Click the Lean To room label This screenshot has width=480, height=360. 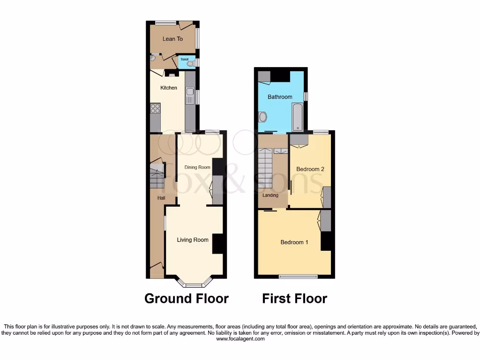coord(172,39)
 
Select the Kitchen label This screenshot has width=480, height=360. coord(169,88)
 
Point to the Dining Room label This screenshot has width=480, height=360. coord(197,167)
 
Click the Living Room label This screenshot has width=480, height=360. coord(193,240)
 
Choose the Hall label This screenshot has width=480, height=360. coord(161,198)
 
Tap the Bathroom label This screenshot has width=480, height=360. coord(280,97)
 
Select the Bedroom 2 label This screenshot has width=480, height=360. coord(310,169)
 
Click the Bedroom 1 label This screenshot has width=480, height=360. coord(294,242)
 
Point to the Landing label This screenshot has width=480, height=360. coord(270,195)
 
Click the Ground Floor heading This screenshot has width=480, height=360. coord(187,299)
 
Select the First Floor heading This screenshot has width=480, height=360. coord(294,299)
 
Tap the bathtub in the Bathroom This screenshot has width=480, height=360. coord(298,117)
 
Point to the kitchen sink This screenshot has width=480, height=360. coord(190,97)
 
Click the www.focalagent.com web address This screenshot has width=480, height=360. coord(240,339)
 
